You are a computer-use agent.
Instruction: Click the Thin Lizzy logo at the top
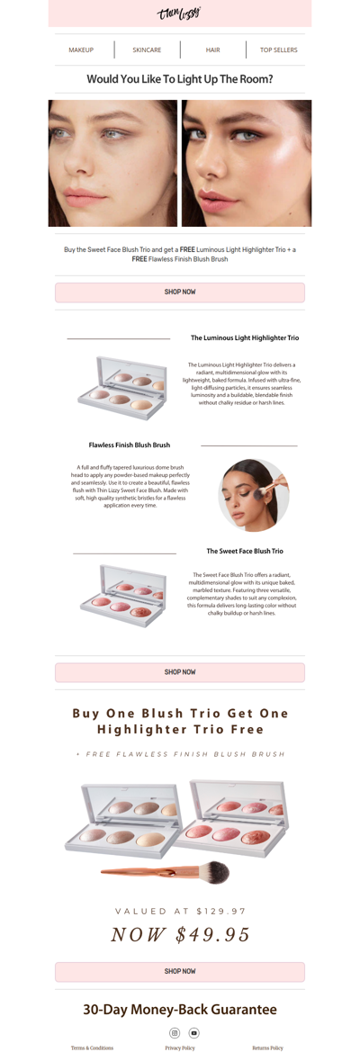(x=179, y=13)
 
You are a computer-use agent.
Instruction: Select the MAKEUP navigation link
(x=81, y=50)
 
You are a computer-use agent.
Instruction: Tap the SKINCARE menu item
(x=147, y=50)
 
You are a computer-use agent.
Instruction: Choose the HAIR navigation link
(x=212, y=50)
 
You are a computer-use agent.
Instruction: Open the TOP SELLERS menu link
(x=278, y=50)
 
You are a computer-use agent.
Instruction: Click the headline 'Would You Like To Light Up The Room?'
(x=180, y=79)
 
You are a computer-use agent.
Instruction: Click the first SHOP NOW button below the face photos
(x=180, y=292)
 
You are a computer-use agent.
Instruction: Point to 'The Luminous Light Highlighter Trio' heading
(x=245, y=338)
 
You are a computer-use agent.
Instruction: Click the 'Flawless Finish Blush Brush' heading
(x=130, y=445)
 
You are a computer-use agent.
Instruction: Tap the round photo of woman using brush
(x=254, y=495)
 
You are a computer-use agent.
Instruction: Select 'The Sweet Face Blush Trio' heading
(x=245, y=551)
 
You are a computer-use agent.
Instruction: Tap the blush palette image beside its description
(x=122, y=595)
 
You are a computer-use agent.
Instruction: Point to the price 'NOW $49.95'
(x=180, y=935)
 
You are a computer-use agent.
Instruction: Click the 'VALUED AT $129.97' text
(x=180, y=911)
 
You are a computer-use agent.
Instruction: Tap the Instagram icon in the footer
(x=175, y=1033)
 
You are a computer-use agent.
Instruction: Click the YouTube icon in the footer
(x=193, y=1033)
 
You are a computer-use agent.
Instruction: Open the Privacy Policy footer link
(x=180, y=1048)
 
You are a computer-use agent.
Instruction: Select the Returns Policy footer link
(x=267, y=1048)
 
